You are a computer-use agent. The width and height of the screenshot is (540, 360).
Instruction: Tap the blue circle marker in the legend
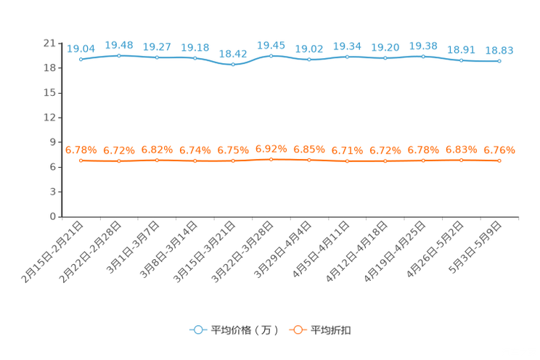pyautogui.click(x=197, y=330)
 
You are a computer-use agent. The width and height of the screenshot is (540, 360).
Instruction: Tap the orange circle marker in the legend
pyautogui.click(x=297, y=330)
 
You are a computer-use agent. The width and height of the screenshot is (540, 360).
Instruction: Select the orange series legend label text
pyautogui.click(x=332, y=330)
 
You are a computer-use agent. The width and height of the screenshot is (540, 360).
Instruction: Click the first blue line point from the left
pyautogui.click(x=81, y=59)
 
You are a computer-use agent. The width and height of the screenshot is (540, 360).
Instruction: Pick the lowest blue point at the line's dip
pyautogui.click(x=233, y=65)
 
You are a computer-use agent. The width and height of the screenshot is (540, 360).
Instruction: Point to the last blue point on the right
pyautogui.click(x=499, y=62)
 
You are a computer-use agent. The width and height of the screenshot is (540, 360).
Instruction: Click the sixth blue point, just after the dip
pyautogui.click(x=271, y=56)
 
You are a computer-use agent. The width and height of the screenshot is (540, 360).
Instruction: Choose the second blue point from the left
pyautogui.click(x=118, y=55)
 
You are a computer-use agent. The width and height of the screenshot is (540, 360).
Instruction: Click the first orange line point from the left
pyautogui.click(x=81, y=160)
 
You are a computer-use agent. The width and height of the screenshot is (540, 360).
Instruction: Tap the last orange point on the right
pyautogui.click(x=499, y=160)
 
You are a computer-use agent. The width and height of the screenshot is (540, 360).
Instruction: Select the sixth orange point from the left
pyautogui.click(x=271, y=159)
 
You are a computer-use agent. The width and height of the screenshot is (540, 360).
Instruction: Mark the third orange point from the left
pyautogui.click(x=157, y=160)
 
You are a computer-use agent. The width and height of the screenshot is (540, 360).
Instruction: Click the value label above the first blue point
pyautogui.click(x=81, y=48)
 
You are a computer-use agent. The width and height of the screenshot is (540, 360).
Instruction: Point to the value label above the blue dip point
pyautogui.click(x=233, y=53)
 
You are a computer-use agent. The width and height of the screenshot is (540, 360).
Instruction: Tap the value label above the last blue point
pyautogui.click(x=499, y=51)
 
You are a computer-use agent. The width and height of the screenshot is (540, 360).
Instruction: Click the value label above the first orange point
pyautogui.click(x=81, y=150)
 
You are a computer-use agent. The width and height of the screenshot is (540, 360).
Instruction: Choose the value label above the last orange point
pyautogui.click(x=499, y=150)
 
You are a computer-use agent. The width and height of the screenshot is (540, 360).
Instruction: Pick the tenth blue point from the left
pyautogui.click(x=423, y=56)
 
